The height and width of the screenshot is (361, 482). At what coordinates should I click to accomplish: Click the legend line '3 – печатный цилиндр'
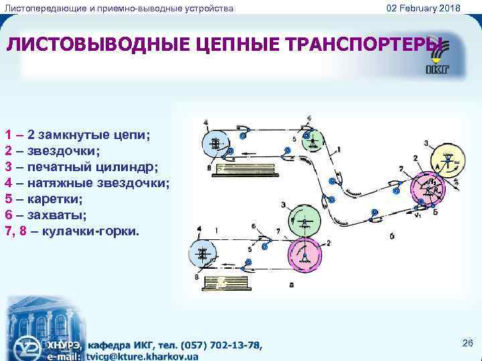coord(80,166)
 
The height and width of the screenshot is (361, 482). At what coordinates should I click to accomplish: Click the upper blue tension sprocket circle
coord(216,143)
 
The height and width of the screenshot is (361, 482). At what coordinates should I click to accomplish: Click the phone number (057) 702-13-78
coord(214,345)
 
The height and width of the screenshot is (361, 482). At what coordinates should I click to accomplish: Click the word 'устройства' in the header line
coord(208,7)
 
